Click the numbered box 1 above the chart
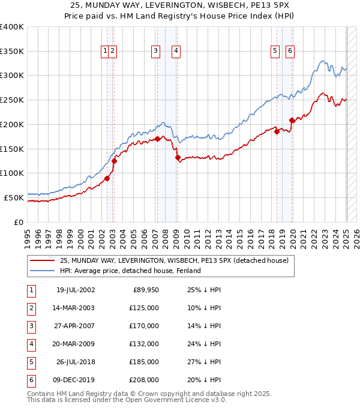pos(105,52)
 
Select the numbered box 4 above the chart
pos(176,52)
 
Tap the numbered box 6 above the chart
pos(290,52)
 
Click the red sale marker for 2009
pos(178,158)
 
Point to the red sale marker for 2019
pos(292,121)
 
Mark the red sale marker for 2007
pos(157,139)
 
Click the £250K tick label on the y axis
pos(12,100)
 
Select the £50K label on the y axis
pos(14,197)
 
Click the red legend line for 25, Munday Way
pos(42,260)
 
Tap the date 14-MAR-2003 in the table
pos(73,308)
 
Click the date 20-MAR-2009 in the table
pos(73,344)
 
